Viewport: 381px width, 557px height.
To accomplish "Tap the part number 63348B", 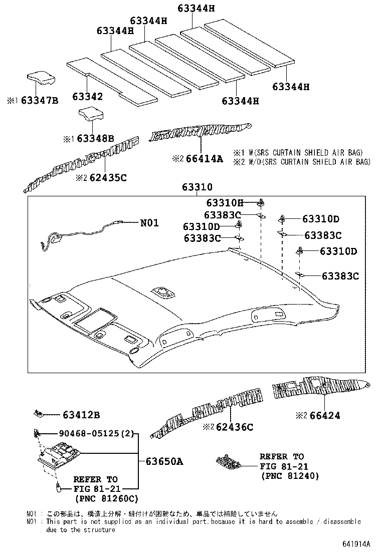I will pyautogui.click(x=96, y=138).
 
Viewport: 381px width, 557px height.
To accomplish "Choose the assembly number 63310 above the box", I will pyautogui.click(x=197, y=188).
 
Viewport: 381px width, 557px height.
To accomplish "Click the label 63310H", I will pyautogui.click(x=224, y=203).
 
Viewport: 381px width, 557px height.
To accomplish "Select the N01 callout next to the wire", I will pyautogui.click(x=149, y=223).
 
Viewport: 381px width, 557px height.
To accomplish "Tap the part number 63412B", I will pyautogui.click(x=81, y=415).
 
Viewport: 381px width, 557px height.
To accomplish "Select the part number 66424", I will pyautogui.click(x=324, y=415).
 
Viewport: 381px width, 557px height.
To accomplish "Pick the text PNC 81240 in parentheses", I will pyautogui.click(x=290, y=476).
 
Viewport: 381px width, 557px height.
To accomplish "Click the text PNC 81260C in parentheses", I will pyautogui.click(x=106, y=498).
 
